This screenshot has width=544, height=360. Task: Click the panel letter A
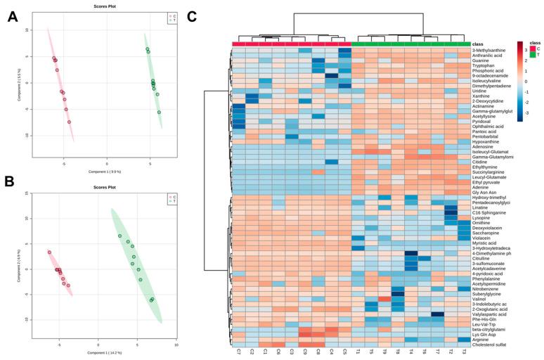tap(12, 19)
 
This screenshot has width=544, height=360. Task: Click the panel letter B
tap(12, 191)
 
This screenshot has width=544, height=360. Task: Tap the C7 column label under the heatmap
tap(240, 350)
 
